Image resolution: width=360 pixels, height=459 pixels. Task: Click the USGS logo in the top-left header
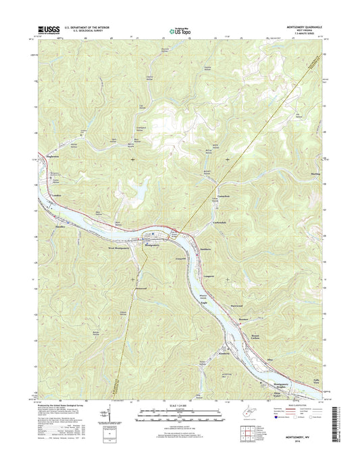click(x=42, y=29)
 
